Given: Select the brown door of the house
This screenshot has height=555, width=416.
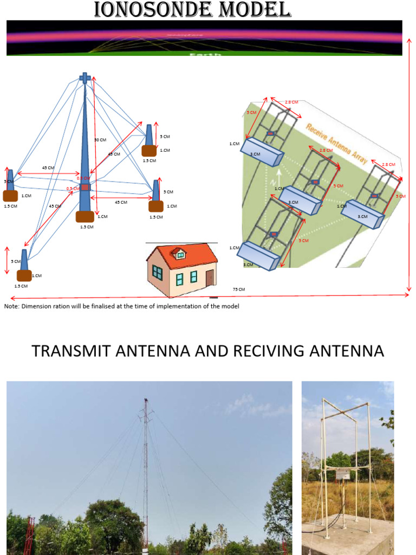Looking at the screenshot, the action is (x=210, y=278).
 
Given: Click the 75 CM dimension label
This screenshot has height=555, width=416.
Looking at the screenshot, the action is (x=238, y=289).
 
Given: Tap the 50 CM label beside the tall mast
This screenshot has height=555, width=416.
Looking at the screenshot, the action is (x=100, y=140).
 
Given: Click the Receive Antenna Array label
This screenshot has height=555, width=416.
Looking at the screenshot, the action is (x=336, y=144).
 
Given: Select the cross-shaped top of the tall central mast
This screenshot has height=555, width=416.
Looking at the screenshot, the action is (x=85, y=78).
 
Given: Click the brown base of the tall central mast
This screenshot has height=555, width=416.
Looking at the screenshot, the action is (x=85, y=217).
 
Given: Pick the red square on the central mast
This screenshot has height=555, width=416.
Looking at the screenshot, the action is (x=85, y=187).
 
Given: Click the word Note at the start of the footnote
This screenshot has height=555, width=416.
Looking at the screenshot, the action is (x=10, y=306).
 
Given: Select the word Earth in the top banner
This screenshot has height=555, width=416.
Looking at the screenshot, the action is (x=205, y=54).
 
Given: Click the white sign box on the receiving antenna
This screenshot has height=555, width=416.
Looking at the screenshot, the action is (x=343, y=475).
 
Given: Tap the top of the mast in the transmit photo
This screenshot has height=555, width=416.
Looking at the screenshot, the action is (x=145, y=401).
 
